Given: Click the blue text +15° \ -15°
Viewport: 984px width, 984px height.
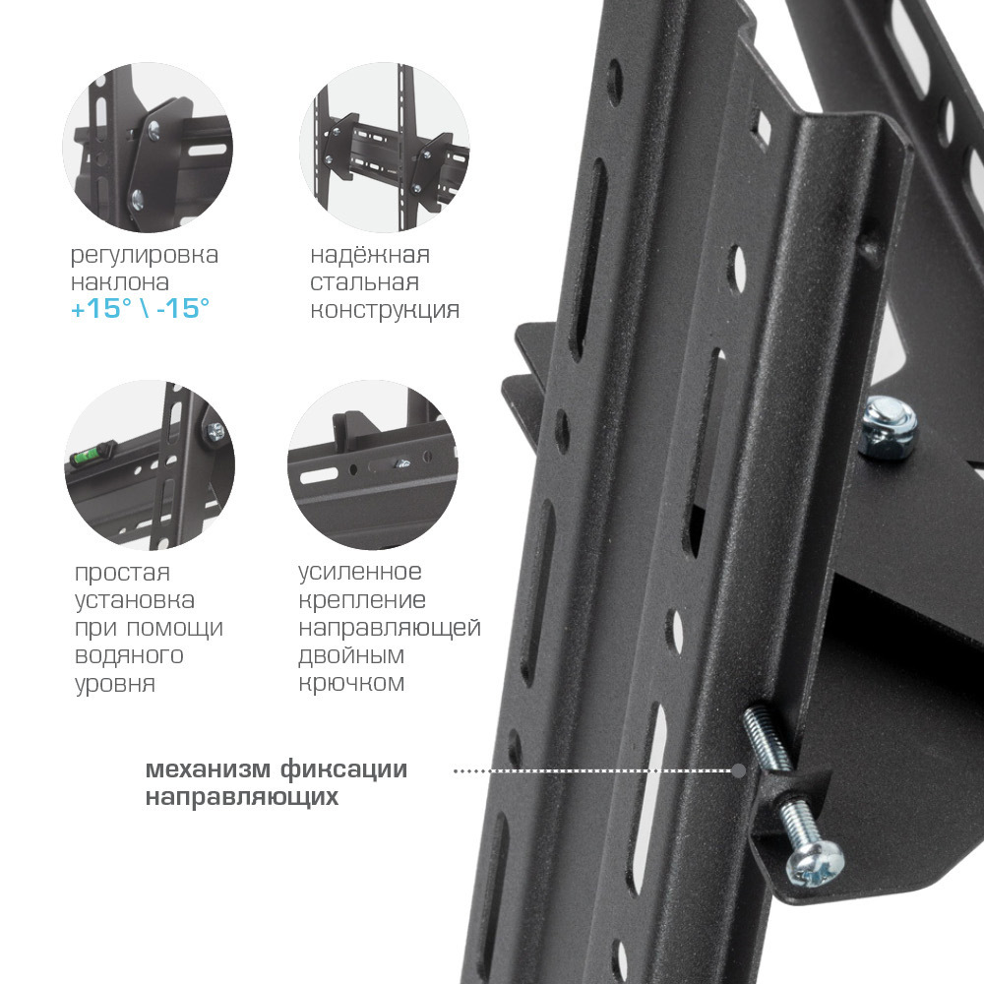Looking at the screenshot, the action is coord(140,308).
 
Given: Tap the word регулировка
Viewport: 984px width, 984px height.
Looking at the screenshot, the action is coord(145,255).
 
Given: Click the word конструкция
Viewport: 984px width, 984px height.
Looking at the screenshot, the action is coord(385,309).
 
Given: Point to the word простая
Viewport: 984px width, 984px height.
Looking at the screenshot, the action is coord(122,573).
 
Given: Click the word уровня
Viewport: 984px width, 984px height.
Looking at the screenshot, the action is coord(115,684).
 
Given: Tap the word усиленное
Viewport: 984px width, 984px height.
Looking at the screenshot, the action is coord(359,572).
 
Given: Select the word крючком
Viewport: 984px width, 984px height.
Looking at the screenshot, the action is coord(351,683).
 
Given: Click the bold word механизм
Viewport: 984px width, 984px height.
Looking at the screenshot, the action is coord(209,769).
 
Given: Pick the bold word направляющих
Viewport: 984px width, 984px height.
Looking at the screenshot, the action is coord(242,797).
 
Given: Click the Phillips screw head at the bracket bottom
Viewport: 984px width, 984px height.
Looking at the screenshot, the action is coord(815,864).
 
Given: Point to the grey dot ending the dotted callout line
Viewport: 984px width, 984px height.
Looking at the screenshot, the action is coord(739,770).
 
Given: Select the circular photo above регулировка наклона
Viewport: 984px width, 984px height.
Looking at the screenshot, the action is coord(148,148).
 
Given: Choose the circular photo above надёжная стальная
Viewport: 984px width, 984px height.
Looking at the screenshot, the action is coord(385,148).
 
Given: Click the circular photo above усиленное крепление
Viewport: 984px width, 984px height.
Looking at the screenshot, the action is coord(373,465).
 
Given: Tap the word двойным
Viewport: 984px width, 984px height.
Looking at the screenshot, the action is coord(351,655).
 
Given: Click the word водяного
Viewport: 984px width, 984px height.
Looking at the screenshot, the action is coord(129,655).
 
